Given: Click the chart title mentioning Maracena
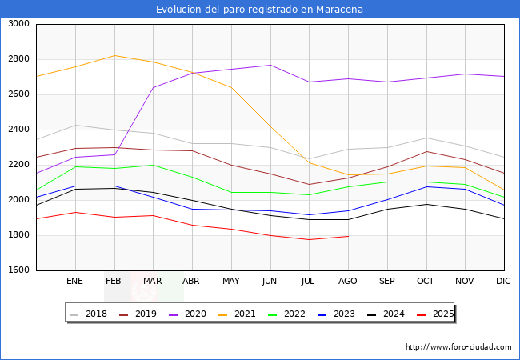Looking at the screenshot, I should coord(259,10).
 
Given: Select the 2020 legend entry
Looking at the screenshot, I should coord(196,314).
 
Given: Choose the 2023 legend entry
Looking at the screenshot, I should coord(345,314).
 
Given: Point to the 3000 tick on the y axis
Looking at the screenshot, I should coord(18,24).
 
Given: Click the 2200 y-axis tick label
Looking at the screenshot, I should coord(18,165).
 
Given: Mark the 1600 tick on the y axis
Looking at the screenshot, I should coord(18,270).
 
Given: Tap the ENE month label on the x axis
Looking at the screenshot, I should coord(74,282).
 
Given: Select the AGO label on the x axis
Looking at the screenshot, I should coord(348,282).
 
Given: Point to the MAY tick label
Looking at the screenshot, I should coord(231,282).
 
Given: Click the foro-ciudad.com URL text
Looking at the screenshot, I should coord(458,347).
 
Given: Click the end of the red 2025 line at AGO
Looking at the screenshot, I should coord(348,236).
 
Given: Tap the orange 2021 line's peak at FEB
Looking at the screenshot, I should coord(114,55).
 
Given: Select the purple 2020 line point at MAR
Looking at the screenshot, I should coord(153,88).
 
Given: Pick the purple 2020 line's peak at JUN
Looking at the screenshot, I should coord(270,65).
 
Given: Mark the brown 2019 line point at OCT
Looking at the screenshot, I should coord(426,151).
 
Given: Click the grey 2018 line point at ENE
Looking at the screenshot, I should coord(74,125).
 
